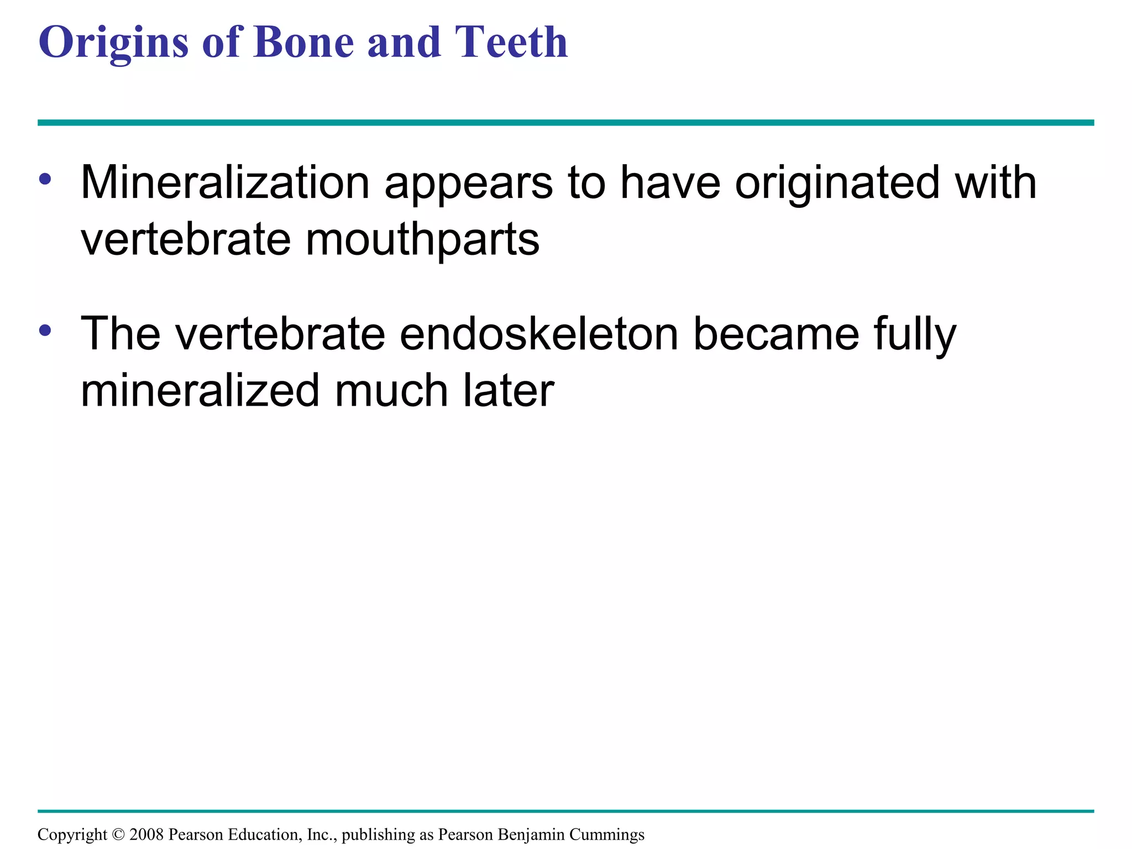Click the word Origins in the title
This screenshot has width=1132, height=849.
tap(113, 43)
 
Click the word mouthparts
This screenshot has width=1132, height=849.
tap(422, 241)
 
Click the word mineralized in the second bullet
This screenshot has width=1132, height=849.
tap(200, 391)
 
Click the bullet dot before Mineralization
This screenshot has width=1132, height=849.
tap(45, 179)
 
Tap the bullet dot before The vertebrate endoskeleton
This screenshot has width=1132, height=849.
tap(45, 331)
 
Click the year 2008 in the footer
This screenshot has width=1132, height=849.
tap(146, 834)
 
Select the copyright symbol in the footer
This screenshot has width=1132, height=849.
tap(118, 835)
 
